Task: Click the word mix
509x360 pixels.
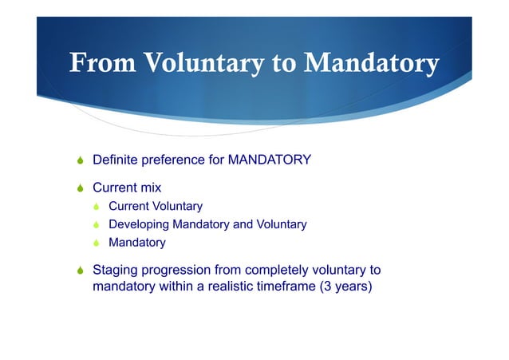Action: [149, 188]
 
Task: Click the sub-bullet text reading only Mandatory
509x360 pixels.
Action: [136, 243]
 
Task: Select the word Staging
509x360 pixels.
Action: [116, 270]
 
